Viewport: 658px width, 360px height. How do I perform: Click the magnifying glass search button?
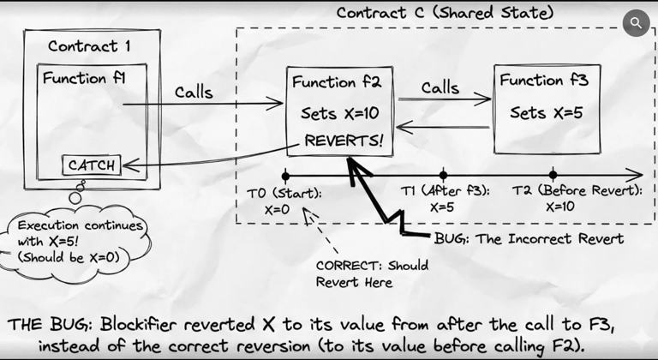pyautogui.click(x=636, y=22)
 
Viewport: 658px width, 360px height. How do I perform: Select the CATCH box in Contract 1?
pyautogui.click(x=91, y=164)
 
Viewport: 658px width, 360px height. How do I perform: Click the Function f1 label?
pyautogui.click(x=85, y=78)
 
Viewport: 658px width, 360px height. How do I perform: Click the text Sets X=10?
pyautogui.click(x=340, y=113)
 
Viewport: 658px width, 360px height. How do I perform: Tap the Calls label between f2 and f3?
pyautogui.click(x=440, y=87)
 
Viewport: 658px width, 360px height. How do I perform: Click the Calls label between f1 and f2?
pyautogui.click(x=194, y=92)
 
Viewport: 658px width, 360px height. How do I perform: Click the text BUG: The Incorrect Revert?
pyautogui.click(x=529, y=237)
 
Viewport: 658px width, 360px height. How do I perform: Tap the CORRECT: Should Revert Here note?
pyautogui.click(x=372, y=273)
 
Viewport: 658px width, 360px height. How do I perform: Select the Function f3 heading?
pyautogui.click(x=543, y=80)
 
